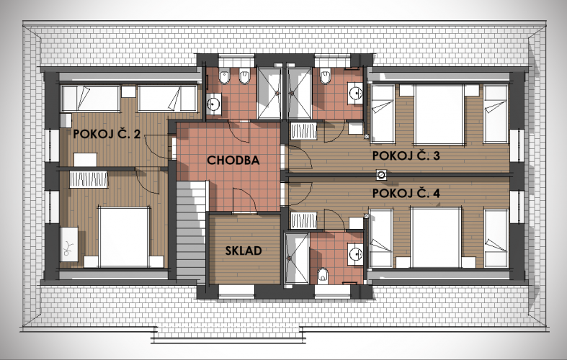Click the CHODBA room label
pyautogui.click(x=233, y=160)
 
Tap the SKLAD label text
pyautogui.click(x=244, y=251)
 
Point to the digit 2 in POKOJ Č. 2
pyautogui.click(x=137, y=134)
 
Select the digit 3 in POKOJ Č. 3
pyautogui.click(x=436, y=156)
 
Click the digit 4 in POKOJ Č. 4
pyautogui.click(x=436, y=193)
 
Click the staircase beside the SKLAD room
pyautogui.click(x=192, y=231)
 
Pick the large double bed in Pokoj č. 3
pyautogui.click(x=439, y=114)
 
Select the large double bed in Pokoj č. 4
pyautogui.click(x=436, y=238)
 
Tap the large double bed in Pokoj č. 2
pyautogui.click(x=125, y=237)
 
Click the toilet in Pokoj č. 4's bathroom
pyautogui.click(x=323, y=275)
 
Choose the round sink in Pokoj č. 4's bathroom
pyautogui.click(x=355, y=253)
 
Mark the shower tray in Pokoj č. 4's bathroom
pyautogui.click(x=297, y=258)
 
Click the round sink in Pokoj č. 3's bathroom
pyautogui.click(x=355, y=94)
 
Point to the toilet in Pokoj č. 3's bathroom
pyautogui.click(x=326, y=76)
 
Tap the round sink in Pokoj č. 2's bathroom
pyautogui.click(x=213, y=104)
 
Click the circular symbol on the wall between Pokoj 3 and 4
pyautogui.click(x=381, y=175)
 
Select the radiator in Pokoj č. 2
pyautogui.click(x=89, y=179)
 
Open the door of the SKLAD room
pyautogui.click(x=245, y=201)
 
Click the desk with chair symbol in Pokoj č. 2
pyautogui.click(x=69, y=244)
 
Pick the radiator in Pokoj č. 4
pyautogui.click(x=304, y=220)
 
